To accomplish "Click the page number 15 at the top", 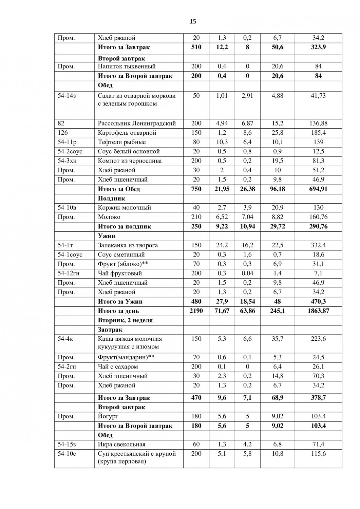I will (x=193, y=22).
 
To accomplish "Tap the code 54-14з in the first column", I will (x=67, y=96).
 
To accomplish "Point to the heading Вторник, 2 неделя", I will (x=125, y=320).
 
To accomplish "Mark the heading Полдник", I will (x=112, y=198).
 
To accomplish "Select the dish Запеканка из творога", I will (x=128, y=245).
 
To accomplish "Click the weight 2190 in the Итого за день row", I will (x=196, y=311).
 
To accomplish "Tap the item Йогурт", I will (x=108, y=416).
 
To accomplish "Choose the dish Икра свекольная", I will (x=121, y=445).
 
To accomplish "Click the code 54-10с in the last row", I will (x=67, y=454).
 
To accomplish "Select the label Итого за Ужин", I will (x=120, y=301).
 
